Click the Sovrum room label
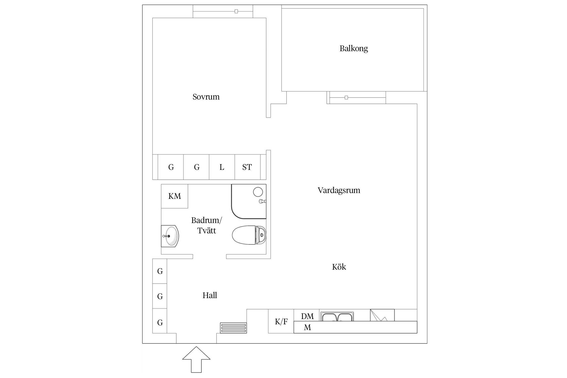206,97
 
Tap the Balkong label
354,48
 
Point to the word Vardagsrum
339,190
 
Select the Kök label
339,267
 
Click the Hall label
210,295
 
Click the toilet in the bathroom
249,235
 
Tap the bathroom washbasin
170,236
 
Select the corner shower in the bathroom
249,201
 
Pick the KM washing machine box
174,196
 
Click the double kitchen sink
337,317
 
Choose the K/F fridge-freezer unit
281,321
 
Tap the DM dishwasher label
307,316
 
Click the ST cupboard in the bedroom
247,167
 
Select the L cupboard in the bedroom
222,167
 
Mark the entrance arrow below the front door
196,359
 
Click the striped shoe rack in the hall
233,328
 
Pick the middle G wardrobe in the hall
160,296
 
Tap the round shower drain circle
258,192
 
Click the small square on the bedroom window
236,11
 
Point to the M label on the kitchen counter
307,327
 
